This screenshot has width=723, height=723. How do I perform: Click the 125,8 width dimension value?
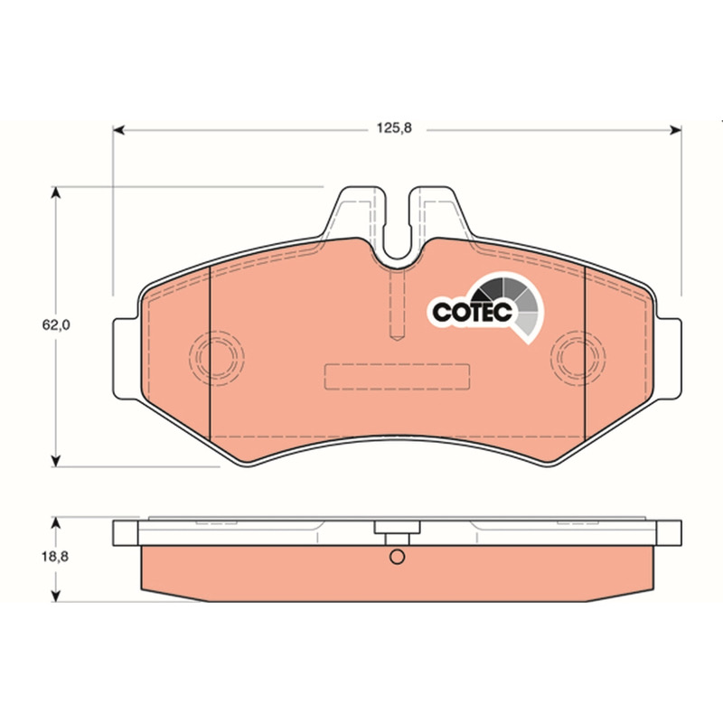pos(394,128)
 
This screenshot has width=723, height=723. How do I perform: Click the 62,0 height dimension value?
pos(56,325)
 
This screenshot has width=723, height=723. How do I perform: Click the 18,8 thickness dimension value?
pos(55,557)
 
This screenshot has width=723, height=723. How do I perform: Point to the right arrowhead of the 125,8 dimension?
pos(675,130)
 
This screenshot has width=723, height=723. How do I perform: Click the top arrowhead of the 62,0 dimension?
pos(56,192)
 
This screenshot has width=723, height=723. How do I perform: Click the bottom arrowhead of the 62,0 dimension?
pos(56,460)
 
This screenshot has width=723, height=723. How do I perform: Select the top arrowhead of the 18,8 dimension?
pos(56,523)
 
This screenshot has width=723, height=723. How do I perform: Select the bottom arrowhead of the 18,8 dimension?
pos(56,596)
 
